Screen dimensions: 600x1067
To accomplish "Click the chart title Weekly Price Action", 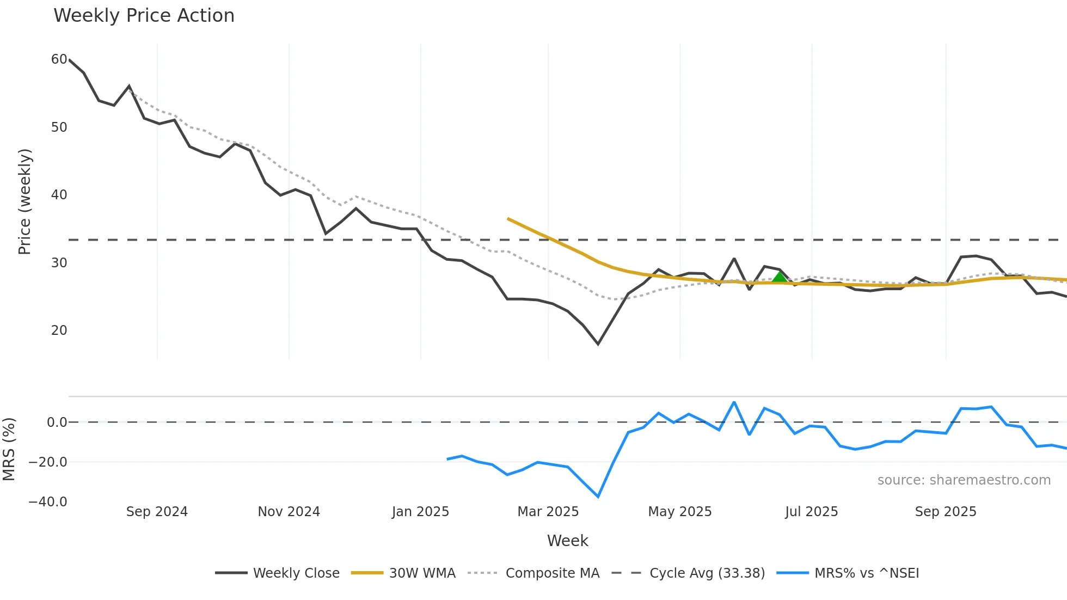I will point(144,16).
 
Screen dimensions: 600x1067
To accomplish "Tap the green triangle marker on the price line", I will point(780,277).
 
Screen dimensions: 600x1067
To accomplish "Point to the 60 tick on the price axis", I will point(59,59).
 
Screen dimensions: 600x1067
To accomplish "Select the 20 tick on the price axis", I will point(59,330).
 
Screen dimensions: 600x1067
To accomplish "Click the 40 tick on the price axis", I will point(59,195).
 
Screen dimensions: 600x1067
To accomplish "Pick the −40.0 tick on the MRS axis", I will point(48,502).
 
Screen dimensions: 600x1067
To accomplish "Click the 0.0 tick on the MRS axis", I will point(57,423).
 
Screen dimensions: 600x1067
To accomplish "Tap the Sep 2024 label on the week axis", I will point(157,512).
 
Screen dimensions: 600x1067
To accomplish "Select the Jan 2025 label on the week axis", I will point(420,512).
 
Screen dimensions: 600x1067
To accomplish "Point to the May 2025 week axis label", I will point(679,512).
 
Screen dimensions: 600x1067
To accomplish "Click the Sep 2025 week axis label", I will point(946,512).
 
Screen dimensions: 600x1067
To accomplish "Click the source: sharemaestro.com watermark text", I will point(964,480).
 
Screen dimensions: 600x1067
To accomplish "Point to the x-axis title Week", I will point(567,541).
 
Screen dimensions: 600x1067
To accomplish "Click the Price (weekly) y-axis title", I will point(25,201).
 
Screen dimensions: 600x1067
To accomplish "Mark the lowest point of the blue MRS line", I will point(598,497).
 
